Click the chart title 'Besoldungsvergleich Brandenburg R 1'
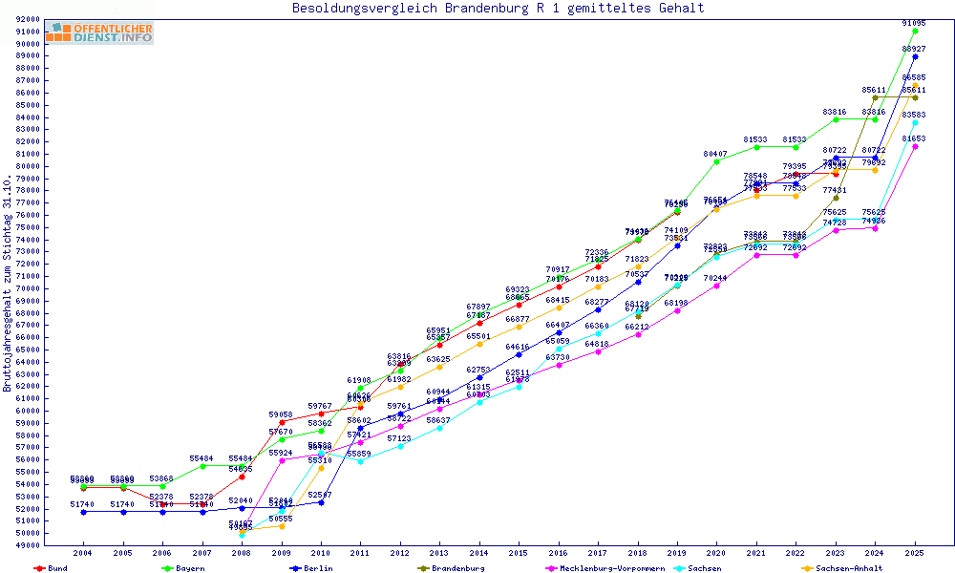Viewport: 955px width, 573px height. pos(498,9)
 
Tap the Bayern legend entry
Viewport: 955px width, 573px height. pos(189,568)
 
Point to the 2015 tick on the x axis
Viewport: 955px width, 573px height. pos(519,553)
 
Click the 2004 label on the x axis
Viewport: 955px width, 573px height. pos(84,553)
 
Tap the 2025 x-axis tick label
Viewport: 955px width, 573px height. pos(915,553)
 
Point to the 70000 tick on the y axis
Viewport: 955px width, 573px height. pos(28,288)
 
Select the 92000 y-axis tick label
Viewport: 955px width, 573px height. pos(28,19)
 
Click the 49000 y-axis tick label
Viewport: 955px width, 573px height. pos(28,545)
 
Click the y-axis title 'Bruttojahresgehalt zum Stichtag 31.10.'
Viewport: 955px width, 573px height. pos(9,284)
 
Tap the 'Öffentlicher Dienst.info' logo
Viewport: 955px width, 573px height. pos(99,32)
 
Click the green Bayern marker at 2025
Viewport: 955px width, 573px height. pos(915,31)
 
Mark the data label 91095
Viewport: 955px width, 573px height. pos(915,22)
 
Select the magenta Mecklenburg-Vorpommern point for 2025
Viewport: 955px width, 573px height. pos(915,146)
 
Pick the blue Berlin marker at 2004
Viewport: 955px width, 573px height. pos(84,512)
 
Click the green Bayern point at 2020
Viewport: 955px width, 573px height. pos(716,161)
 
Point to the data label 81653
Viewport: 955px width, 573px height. pos(915,138)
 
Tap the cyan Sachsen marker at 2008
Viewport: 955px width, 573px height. pos(242,535)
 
